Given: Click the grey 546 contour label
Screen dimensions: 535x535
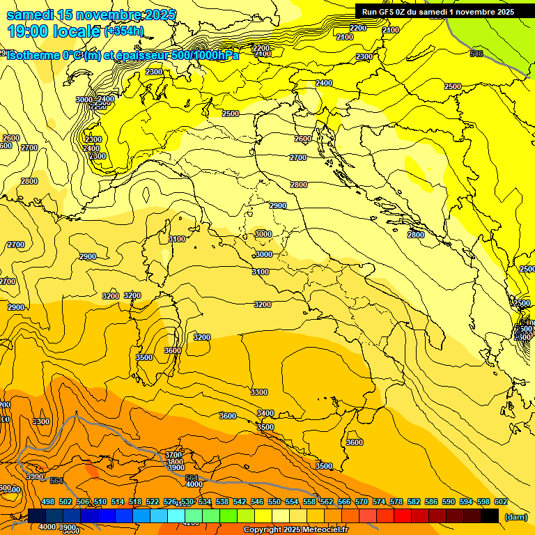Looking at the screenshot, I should point(476,54).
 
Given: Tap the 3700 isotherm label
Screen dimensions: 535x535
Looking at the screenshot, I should point(173,455).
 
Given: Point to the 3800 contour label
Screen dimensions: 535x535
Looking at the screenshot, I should point(175,461).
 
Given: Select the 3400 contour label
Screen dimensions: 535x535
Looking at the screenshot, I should point(265,413).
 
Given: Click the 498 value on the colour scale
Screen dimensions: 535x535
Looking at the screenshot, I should point(48,502).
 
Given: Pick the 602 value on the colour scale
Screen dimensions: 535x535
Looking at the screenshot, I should point(501,502).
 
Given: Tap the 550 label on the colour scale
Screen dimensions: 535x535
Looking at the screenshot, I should point(274,502).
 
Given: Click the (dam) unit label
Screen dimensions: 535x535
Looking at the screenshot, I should point(515,517).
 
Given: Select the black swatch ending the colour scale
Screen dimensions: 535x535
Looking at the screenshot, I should point(490,515).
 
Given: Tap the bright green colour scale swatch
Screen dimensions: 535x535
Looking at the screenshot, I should point(228,515).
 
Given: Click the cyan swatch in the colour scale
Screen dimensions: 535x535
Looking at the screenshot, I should point(176,515).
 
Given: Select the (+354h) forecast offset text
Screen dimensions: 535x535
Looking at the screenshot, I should point(124,31).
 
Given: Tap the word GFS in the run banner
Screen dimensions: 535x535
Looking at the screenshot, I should point(387,12).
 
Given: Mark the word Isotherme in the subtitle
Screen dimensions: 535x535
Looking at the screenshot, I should point(33,55).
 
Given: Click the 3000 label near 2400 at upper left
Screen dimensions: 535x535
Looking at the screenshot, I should point(84,100).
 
